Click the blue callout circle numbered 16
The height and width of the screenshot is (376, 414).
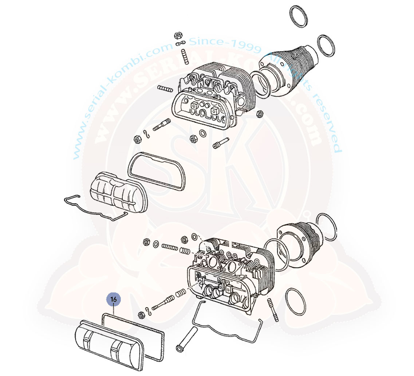pyautogui.click(x=114, y=299)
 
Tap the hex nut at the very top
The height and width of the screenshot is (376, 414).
pyautogui.click(x=178, y=36)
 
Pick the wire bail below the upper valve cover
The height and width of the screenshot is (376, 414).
pyautogui.click(x=95, y=208)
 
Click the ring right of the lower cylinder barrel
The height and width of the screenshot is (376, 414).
pyautogui.click(x=327, y=227)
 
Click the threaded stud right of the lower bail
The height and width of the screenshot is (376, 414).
pyautogui.click(x=273, y=310)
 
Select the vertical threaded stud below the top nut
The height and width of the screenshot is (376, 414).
pyautogui.click(x=184, y=56)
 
